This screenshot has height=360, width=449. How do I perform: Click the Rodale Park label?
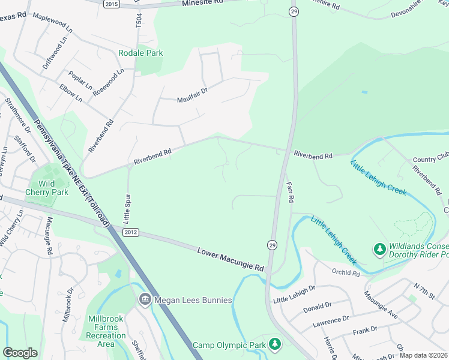140,53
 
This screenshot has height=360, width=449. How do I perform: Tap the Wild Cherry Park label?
47,188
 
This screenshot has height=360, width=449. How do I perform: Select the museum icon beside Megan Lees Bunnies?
145,299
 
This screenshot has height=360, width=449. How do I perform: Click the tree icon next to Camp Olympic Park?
274,344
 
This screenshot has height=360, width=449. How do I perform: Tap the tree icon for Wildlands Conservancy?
379,248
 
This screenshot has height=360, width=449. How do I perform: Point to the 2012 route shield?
131,232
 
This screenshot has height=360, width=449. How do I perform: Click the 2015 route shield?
112,4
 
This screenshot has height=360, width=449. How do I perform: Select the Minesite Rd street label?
202,3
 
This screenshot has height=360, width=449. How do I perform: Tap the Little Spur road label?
127,206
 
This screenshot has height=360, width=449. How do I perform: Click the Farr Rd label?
291,191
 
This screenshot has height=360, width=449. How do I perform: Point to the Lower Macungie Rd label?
231,258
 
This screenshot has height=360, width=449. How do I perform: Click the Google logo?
20,352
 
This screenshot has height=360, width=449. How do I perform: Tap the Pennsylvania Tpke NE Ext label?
71,174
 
